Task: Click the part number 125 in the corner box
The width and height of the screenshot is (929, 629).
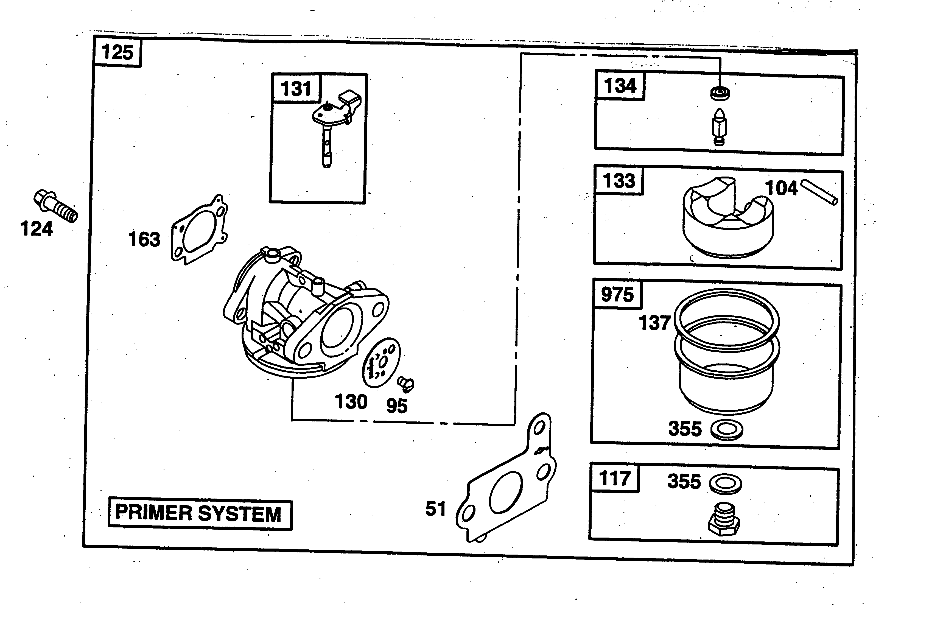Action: click(x=117, y=52)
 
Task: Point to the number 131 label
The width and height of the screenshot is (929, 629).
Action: click(x=296, y=89)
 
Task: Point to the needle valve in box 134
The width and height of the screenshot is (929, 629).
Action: click(x=720, y=127)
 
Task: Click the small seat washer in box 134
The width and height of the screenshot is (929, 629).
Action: click(x=720, y=93)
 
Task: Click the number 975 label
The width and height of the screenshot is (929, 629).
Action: click(x=617, y=295)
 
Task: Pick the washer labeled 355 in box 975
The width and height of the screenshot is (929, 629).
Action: click(x=727, y=430)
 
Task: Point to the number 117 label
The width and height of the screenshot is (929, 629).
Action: click(x=614, y=478)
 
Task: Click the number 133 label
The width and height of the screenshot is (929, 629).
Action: click(x=619, y=181)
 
